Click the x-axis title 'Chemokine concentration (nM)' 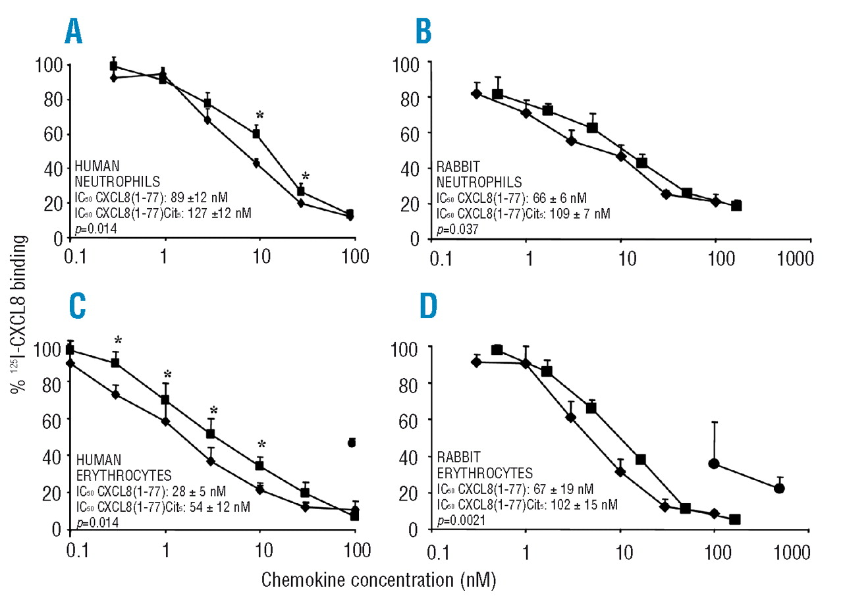(378, 581)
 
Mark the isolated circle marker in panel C (352, 443)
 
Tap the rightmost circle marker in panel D (780, 488)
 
